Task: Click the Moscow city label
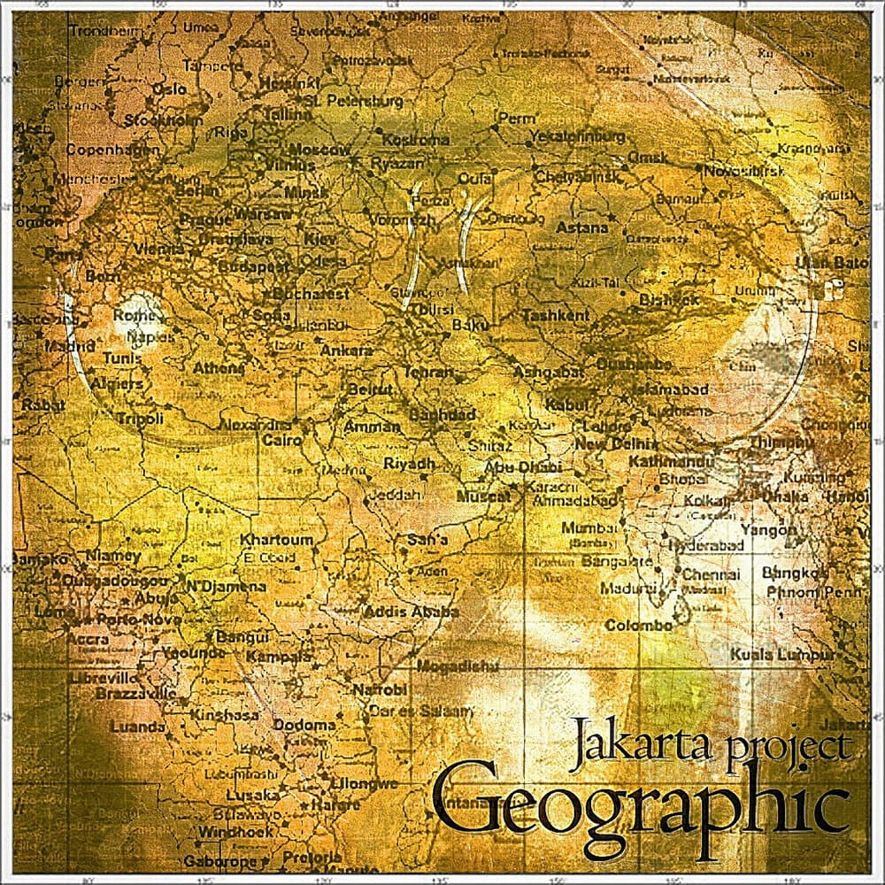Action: pos(319,150)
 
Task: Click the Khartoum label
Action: pos(277,540)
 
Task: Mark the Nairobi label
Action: pos(380,689)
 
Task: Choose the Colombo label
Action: pos(639,626)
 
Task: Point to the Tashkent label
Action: pos(556,315)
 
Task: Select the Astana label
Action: pos(581,227)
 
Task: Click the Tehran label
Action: pos(428,373)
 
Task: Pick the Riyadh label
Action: pos(409,463)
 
